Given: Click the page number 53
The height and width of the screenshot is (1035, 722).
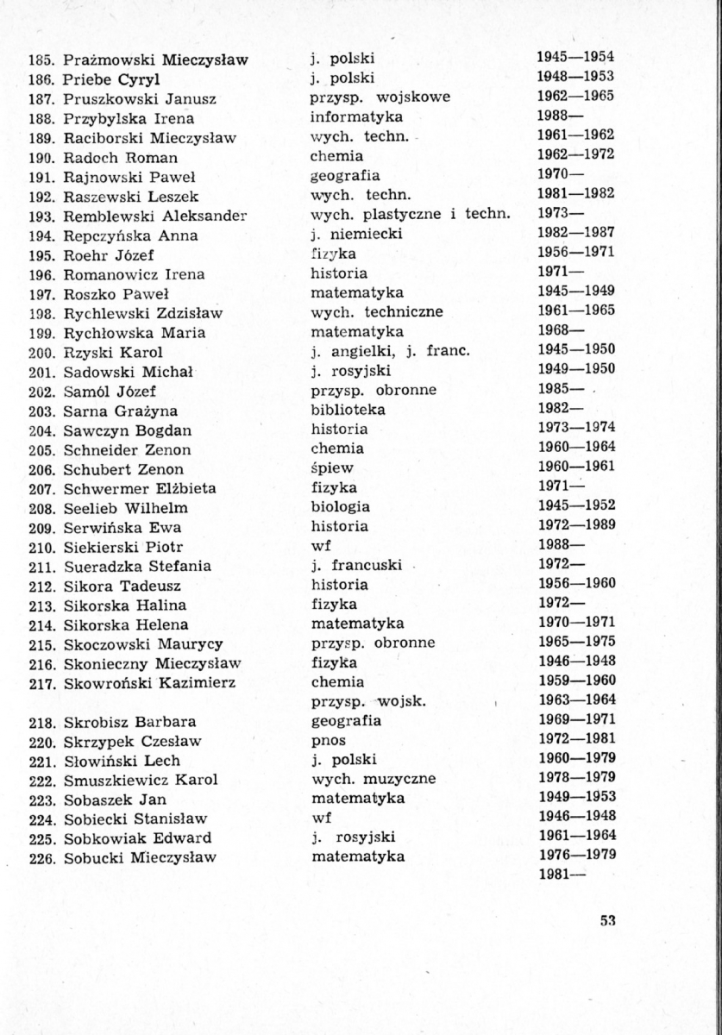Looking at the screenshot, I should click(606, 920).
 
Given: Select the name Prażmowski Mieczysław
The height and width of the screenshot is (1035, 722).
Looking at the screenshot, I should click(156, 60).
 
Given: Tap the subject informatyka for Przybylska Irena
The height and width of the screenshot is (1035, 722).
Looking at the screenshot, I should click(356, 117).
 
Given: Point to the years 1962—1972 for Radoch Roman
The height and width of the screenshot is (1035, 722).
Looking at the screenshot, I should click(575, 156).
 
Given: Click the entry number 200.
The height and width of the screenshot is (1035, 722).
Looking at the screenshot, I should click(42, 353).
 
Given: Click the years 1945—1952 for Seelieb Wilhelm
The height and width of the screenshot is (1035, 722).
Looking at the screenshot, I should click(575, 507).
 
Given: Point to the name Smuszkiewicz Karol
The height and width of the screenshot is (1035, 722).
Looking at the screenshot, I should click(141, 780).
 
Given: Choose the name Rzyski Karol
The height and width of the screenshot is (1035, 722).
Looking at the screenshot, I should click(113, 353).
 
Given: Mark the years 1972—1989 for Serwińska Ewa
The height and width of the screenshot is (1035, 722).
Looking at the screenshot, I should click(575, 527).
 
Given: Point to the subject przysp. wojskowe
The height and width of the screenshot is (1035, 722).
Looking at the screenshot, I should click(380, 97).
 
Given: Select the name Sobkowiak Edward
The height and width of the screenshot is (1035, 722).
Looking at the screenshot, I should click(137, 838).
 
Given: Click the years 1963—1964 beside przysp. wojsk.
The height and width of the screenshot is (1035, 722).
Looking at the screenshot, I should click(575, 701).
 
